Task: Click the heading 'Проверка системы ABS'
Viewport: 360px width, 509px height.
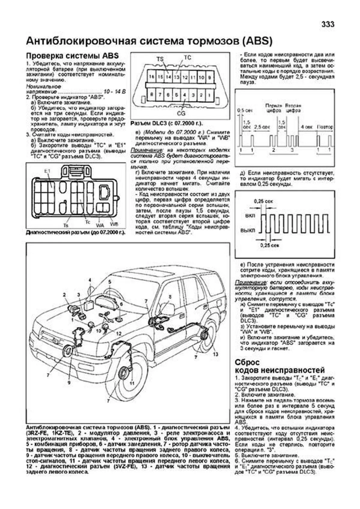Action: [x=72, y=56]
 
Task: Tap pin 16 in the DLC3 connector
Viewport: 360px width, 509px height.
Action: [x=152, y=77]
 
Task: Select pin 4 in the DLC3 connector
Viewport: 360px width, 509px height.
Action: [x=185, y=95]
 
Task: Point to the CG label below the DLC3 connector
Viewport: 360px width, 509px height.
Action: [x=181, y=114]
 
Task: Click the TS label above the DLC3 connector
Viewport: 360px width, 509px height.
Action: [x=160, y=59]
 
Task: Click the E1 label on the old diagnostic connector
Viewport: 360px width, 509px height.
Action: [x=47, y=171]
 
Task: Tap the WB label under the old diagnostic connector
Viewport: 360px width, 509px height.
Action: [x=114, y=224]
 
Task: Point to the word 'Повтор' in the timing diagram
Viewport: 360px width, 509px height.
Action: [x=325, y=127]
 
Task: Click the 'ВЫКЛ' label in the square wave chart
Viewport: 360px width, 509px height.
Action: [x=248, y=231]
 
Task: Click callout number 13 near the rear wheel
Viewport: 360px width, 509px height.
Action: [x=215, y=354]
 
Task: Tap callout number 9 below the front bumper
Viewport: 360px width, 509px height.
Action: [x=69, y=383]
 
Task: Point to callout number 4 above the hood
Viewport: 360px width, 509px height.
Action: [x=90, y=280]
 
